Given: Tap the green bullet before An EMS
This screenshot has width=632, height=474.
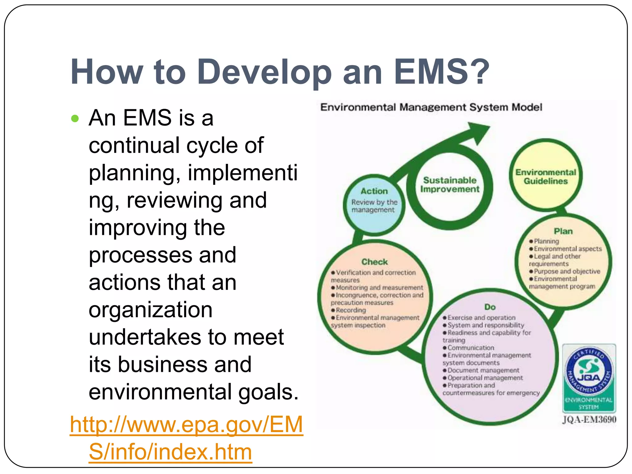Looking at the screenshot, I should point(75,118).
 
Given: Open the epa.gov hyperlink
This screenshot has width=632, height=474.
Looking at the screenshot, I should point(186,438).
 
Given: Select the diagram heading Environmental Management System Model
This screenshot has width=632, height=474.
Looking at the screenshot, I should point(431,107).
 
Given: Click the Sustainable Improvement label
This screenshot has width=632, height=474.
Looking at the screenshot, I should point(450,185).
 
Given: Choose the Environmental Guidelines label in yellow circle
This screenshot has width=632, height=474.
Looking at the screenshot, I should point(546,177).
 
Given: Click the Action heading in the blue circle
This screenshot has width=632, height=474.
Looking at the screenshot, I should point(374,191).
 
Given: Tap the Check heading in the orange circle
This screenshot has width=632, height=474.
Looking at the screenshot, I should point(374,262).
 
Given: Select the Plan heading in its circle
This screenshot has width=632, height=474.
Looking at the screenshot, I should point(563,231).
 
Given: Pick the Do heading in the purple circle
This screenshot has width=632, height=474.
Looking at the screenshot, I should point(490,307).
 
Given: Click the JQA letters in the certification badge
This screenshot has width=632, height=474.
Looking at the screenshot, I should point(589,377).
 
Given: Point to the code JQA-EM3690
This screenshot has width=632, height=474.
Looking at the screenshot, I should point(589,420).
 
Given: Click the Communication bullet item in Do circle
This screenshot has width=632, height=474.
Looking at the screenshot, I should point(471,348).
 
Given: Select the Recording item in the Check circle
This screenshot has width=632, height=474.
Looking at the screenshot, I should point(351,310).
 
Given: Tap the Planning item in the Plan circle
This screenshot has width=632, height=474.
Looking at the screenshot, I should point(546,241).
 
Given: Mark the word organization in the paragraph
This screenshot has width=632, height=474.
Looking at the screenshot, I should point(151,310).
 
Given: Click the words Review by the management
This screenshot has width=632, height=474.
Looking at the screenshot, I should point(374,206).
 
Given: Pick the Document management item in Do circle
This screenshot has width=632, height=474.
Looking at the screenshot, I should point(483,370).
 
